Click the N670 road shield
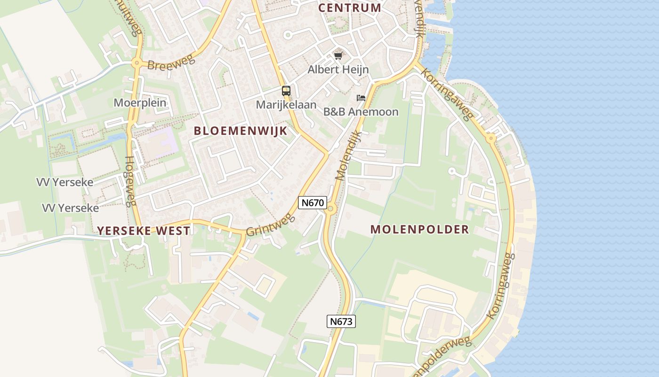[x=313, y=203]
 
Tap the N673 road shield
[x=341, y=321]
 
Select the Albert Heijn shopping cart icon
[x=338, y=56]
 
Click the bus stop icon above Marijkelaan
[x=286, y=91]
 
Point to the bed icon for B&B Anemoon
[x=361, y=98]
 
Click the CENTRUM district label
[x=350, y=8]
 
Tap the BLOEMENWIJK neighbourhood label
[x=241, y=131]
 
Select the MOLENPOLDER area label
[x=419, y=229]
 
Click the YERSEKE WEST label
[x=144, y=230]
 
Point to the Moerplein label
[x=140, y=102]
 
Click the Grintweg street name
[x=270, y=224]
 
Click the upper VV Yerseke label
[x=65, y=182]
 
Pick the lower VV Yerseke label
[x=71, y=208]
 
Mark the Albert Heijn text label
[x=338, y=70]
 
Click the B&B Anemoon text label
[x=361, y=112]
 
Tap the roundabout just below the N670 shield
[x=330, y=208]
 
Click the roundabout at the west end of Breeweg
[x=137, y=63]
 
